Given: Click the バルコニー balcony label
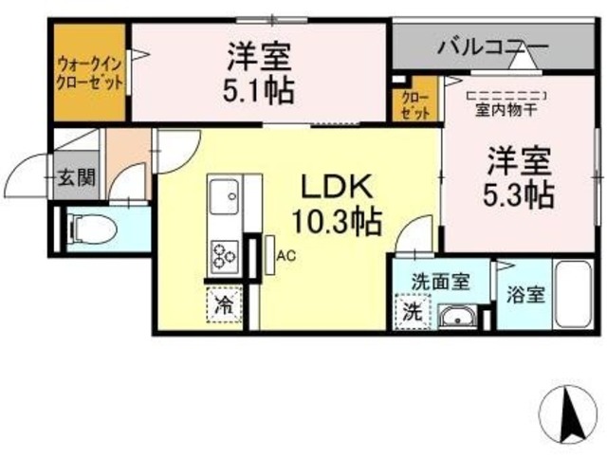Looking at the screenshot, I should [x=492, y=45].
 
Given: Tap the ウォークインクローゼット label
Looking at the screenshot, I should [x=89, y=73].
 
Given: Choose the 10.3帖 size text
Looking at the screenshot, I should [x=337, y=222].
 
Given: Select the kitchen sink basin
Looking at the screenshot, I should [x=227, y=200].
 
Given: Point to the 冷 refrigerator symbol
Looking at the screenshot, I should [x=224, y=305].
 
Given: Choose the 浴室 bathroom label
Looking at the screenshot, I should [x=524, y=294].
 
